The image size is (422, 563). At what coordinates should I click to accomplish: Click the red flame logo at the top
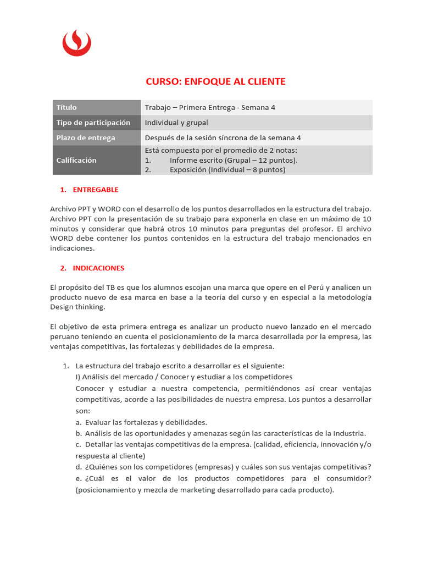pyautogui.click(x=76, y=42)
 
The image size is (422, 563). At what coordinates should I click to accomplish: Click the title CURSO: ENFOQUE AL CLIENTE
pyautogui.click(x=215, y=81)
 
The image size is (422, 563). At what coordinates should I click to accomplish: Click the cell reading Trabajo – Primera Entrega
pyautogui.click(x=210, y=108)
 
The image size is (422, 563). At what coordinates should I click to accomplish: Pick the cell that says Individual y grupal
pyautogui.click(x=176, y=123)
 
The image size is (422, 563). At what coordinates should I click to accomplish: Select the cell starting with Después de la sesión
pyautogui.click(x=223, y=138)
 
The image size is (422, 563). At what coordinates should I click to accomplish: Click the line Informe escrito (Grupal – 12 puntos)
pyautogui.click(x=234, y=160)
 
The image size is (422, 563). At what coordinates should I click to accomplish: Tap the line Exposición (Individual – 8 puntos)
pyautogui.click(x=227, y=170)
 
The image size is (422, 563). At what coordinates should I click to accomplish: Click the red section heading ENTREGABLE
pyautogui.click(x=96, y=190)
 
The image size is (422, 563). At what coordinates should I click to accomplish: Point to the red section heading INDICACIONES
pyautogui.click(x=98, y=268)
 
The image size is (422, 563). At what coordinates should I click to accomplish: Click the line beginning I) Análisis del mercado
pyautogui.click(x=184, y=377)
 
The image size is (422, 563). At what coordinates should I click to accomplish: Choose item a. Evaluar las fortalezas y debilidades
pyautogui.click(x=141, y=422)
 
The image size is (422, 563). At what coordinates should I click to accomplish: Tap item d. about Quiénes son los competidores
pyautogui.click(x=223, y=467)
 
